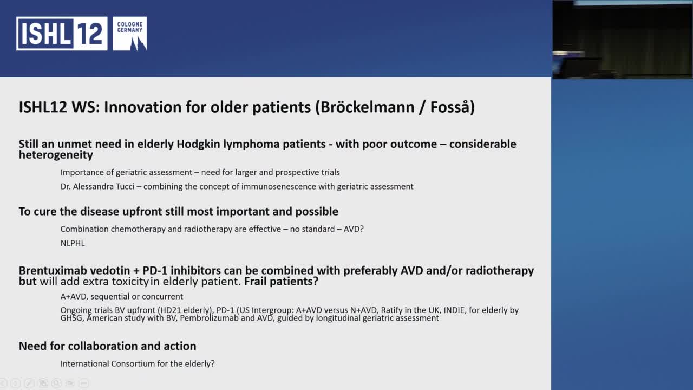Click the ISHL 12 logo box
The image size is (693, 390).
[x=61, y=34]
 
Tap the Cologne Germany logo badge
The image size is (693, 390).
[x=130, y=34]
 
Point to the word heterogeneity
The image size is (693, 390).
[x=56, y=155]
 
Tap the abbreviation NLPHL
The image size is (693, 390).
[x=73, y=243]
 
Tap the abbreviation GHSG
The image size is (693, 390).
[x=72, y=318]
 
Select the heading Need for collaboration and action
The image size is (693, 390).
[x=107, y=346]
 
